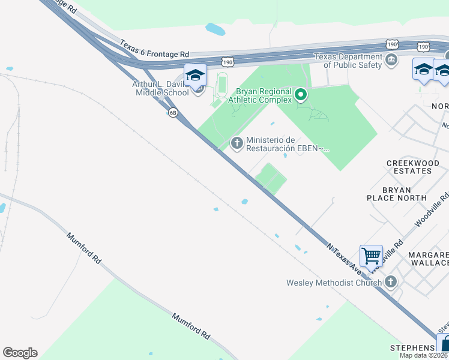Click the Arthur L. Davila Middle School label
pyautogui.click(x=161, y=88)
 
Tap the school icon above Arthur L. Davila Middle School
pyautogui.click(x=195, y=75)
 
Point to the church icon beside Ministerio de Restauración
pyautogui.click(x=237, y=143)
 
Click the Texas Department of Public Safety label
pyautogui.click(x=349, y=61)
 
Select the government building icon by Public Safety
pyautogui.click(x=391, y=60)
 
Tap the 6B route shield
pyautogui.click(x=173, y=112)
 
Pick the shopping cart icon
pyautogui.click(x=371, y=256)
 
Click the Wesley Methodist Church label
pyautogui.click(x=334, y=283)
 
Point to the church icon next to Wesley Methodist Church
pyautogui.click(x=391, y=281)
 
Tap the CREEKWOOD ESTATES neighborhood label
pyautogui.click(x=409, y=167)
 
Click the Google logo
pyautogui.click(x=20, y=353)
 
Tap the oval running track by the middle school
pyautogui.click(x=223, y=85)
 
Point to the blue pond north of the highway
pyautogui.click(x=215, y=28)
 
